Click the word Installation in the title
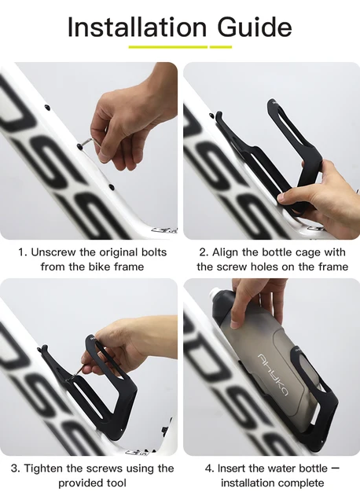(137, 27)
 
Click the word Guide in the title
(255, 27)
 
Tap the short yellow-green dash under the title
(221, 47)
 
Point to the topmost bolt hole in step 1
(47, 106)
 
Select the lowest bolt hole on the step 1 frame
(112, 186)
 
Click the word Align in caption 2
(226, 252)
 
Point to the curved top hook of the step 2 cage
(219, 117)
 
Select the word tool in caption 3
(116, 483)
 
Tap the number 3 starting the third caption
(15, 468)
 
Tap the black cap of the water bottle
(222, 303)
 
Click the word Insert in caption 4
(232, 468)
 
